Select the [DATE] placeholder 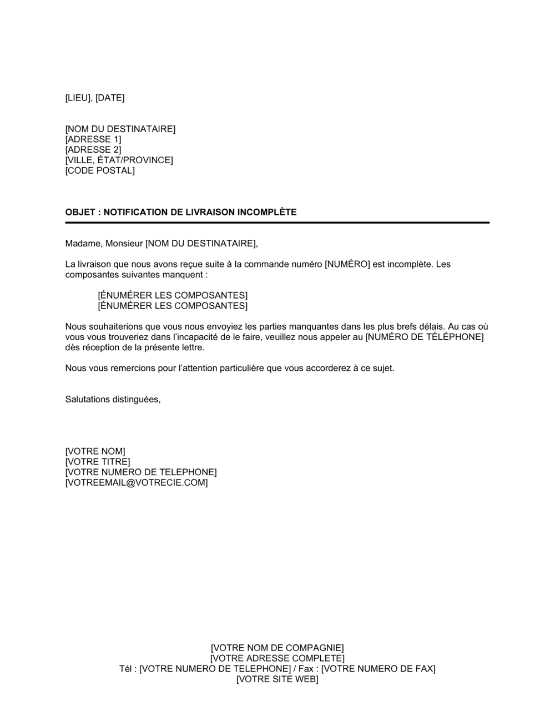[110, 98]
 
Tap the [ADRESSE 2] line [93, 150]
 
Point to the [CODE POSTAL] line [100, 170]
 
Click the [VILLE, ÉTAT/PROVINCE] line [119, 160]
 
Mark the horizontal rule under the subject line [277, 223]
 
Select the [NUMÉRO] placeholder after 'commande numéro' [347, 264]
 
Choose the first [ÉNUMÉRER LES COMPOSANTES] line [173, 295]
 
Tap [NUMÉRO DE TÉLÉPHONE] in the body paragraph [425, 337]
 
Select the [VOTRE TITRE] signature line [98, 462]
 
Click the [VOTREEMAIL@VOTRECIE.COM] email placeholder [137, 483]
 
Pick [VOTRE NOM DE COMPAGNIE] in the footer [277, 648]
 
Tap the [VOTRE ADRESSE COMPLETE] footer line [277, 658]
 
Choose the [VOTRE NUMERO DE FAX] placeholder [379, 669]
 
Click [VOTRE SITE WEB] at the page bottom [277, 679]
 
